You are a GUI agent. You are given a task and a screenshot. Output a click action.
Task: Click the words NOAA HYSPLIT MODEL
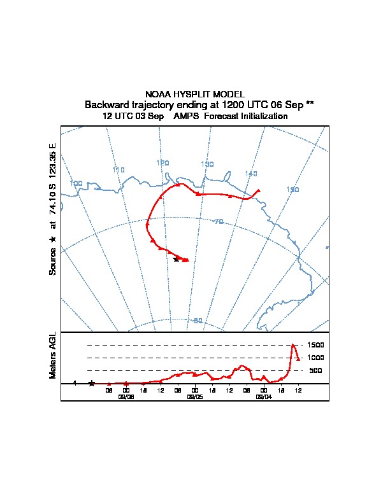[195, 94]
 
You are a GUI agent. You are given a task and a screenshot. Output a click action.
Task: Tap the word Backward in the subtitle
[107, 104]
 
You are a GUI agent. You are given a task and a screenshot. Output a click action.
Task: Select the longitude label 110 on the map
[118, 170]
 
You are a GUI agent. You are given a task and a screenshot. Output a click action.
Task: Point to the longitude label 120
[162, 163]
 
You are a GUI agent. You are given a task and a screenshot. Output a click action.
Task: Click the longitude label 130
[207, 164]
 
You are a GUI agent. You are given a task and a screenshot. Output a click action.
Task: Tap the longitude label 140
[251, 174]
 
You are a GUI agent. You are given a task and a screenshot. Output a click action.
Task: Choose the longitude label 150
[292, 190]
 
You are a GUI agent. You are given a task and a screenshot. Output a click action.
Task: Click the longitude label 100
[76, 183]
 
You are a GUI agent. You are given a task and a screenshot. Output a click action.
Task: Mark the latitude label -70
[218, 221]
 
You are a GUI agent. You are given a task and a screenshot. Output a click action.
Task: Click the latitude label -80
[198, 320]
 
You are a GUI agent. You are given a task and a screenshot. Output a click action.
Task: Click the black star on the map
[177, 259]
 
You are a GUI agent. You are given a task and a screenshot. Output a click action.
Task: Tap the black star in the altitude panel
[92, 383]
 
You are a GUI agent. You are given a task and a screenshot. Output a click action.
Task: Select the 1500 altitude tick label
[315, 345]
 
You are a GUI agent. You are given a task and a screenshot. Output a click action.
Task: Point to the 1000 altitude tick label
[315, 358]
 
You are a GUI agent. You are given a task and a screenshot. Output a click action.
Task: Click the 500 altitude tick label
[315, 370]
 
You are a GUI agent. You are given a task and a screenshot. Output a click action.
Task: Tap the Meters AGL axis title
[53, 356]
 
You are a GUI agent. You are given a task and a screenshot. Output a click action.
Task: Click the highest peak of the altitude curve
[292, 345]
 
